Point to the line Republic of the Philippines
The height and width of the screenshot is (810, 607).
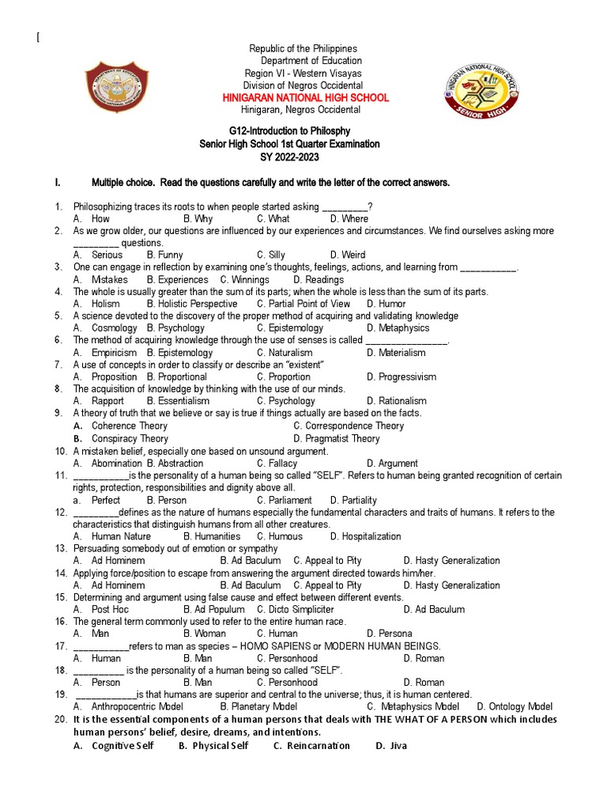coord(303,49)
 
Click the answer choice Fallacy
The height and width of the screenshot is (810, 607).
coord(283,464)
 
